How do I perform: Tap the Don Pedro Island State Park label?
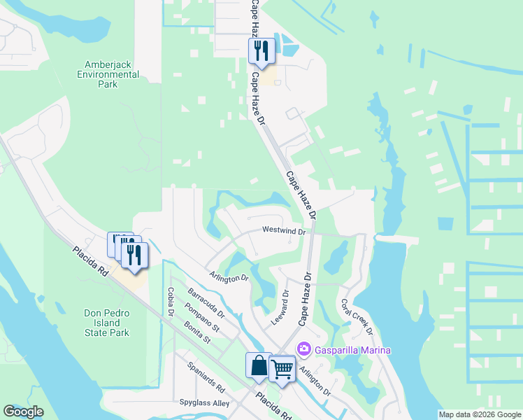tap(107, 323)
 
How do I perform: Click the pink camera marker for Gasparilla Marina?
tap(303, 349)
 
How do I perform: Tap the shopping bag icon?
tap(259, 365)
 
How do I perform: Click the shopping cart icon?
tap(282, 367)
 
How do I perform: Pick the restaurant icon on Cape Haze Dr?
tap(261, 50)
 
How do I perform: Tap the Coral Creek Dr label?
tap(357, 317)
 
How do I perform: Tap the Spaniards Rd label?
tap(205, 377)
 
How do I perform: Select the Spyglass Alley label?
tap(203, 403)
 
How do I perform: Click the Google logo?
tap(23, 412)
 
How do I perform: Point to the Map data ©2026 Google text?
tap(480, 414)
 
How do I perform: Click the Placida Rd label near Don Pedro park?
tap(89, 260)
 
